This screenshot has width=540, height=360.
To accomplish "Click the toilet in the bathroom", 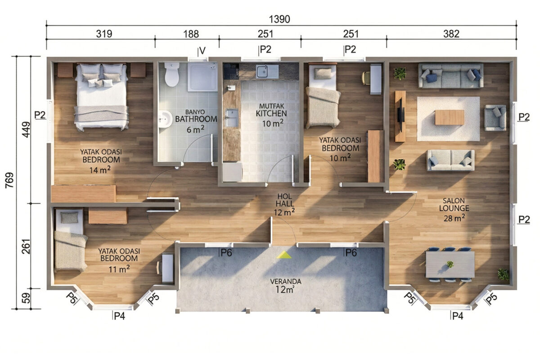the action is pos(171,74).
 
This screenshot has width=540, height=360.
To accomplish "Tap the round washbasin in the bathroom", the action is pos(166,119).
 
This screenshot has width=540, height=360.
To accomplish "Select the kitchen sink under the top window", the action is pos(267,72).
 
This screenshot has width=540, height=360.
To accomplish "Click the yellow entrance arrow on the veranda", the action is pos(284,255).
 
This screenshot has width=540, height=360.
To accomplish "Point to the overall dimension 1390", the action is pos(279,19).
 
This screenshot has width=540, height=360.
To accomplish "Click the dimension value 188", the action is pos(191,34).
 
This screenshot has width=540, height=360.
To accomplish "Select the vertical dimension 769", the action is pos(9,180).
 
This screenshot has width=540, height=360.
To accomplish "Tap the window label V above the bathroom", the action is pos(202,51).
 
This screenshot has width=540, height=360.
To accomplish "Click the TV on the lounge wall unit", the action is pos(401,116).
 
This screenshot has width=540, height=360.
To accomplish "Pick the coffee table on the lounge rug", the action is pos(450,117).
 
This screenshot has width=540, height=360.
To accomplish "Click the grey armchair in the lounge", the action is pos(495,118).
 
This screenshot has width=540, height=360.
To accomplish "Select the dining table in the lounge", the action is pos(450,265).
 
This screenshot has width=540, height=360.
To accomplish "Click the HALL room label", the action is pos(285,204).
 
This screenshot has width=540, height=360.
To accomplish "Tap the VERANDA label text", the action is pos(286,281).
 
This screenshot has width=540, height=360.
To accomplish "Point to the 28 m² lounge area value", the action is pos(454,218).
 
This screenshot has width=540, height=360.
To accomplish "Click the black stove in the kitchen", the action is pos(231,71).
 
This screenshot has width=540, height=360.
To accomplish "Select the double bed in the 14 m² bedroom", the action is pos(101,96).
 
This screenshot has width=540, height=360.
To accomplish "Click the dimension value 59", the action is pos(26,298).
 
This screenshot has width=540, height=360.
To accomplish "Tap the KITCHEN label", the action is pos(271,113).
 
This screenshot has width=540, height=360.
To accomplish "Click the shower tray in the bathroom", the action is pos(202,77).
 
